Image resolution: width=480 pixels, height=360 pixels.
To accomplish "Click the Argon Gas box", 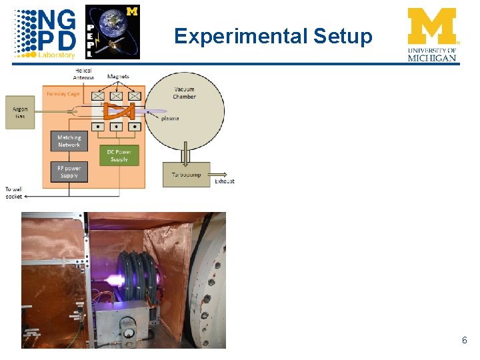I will pos(20,112).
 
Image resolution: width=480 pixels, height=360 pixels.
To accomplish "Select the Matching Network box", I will pos(69,141).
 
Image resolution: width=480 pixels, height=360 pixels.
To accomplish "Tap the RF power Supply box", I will pos(69,172).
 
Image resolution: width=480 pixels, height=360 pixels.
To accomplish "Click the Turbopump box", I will pos(186,175).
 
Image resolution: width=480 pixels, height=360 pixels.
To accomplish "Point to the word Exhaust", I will pos(225,181).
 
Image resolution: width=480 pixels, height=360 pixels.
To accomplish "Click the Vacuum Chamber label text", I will pos(185,93).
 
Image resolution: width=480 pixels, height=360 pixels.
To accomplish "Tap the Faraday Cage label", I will pos(63,94).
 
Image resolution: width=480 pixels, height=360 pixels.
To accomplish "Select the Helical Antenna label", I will pos(84,74).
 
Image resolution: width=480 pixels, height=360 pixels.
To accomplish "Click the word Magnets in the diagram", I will pos(118,76).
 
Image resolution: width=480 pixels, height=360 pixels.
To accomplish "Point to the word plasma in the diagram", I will pos(170,119).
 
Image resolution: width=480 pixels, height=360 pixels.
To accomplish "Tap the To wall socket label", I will pos(14,193).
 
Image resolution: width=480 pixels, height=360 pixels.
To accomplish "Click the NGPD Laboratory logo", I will pos(45,33).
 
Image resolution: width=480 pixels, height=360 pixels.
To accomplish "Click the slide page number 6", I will pos(464,341).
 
